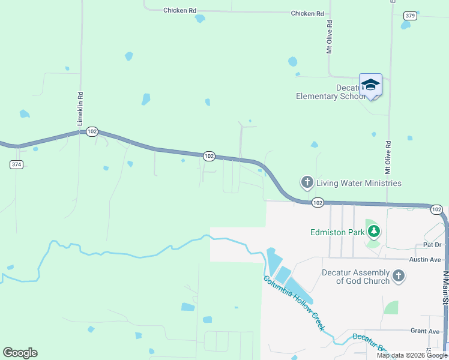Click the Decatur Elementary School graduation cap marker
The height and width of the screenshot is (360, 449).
[x=370, y=85]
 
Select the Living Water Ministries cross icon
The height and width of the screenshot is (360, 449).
[x=307, y=182]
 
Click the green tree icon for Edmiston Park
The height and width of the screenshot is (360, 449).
[x=374, y=231]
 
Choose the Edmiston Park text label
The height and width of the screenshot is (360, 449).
[x=339, y=232]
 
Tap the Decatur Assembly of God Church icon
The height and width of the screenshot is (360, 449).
[x=398, y=276]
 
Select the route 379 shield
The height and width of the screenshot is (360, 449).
[x=410, y=16]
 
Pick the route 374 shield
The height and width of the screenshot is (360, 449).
[x=16, y=164]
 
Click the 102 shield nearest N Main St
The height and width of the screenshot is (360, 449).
[x=436, y=209]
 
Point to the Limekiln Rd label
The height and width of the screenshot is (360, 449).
[x=79, y=109]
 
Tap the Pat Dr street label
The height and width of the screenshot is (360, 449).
[x=432, y=245]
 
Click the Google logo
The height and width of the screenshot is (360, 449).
[x=20, y=353]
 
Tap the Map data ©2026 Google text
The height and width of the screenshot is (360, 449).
[x=411, y=355]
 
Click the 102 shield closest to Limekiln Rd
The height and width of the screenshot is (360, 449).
[x=92, y=131]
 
